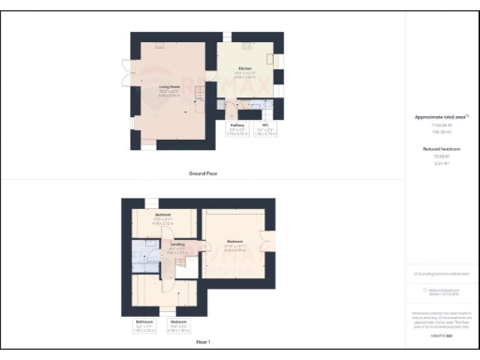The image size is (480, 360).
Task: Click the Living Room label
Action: click(x=169, y=87)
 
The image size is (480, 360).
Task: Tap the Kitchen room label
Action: click(x=245, y=68)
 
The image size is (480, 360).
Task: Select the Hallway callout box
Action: click(x=238, y=130)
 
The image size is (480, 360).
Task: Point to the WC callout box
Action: click(x=266, y=130)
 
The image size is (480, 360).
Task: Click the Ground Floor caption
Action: click(x=203, y=173)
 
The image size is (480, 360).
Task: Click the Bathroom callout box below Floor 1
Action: click(x=143, y=327)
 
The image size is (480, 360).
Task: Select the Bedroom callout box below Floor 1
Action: click(x=178, y=327)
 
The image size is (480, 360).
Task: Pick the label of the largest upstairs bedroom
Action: click(x=233, y=241)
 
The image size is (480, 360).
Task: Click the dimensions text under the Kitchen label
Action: click(x=245, y=75)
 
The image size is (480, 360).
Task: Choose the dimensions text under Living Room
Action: click(x=169, y=94)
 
